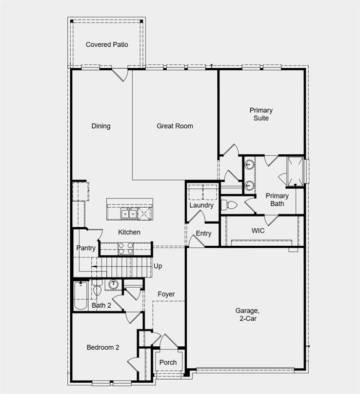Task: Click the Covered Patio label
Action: point(107,45)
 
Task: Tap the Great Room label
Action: point(175,126)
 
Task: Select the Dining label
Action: point(101,126)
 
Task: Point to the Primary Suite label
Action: point(261,114)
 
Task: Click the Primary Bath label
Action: point(277,200)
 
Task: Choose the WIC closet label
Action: point(258,231)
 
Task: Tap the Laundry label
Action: point(201,205)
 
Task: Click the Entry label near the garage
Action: point(204,233)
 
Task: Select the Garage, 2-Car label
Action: point(247,314)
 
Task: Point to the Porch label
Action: point(168,362)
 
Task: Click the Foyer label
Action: point(166,294)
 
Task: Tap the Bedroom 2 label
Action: point(103,347)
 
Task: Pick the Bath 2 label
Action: point(102,305)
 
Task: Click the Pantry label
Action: point(86,248)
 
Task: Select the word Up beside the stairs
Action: point(158,266)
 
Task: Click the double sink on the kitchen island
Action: point(129,213)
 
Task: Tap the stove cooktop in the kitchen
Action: point(126,249)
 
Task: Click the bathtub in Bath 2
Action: point(81,297)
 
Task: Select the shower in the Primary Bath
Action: point(295,170)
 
